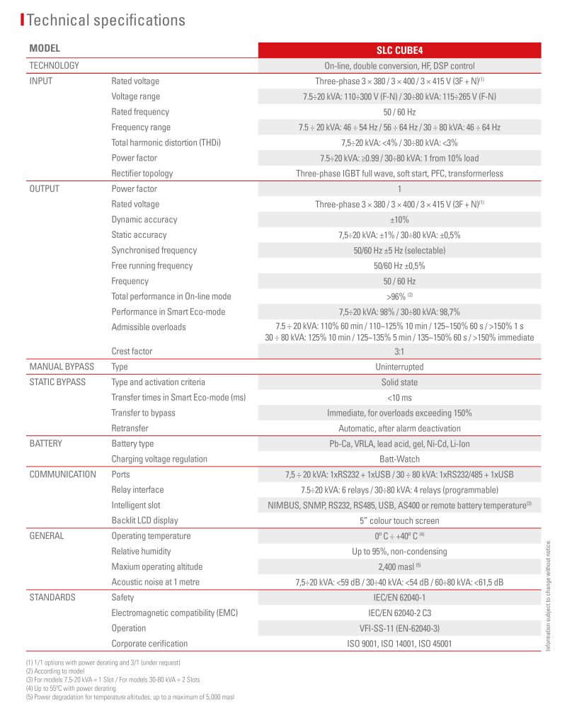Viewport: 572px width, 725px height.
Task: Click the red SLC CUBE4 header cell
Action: pyautogui.click(x=399, y=50)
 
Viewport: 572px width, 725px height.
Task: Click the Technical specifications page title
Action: pyautogui.click(x=106, y=21)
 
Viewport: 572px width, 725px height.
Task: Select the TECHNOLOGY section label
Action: pyautogui.click(x=54, y=66)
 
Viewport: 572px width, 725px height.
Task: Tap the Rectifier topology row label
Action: pyautogui.click(x=142, y=173)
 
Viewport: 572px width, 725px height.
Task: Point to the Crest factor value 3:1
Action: pyautogui.click(x=399, y=351)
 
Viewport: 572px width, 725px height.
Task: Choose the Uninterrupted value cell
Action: pyautogui.click(x=399, y=367)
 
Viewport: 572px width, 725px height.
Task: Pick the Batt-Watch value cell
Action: pyautogui.click(x=399, y=459)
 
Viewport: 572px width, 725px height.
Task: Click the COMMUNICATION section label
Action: pyautogui.click(x=62, y=474)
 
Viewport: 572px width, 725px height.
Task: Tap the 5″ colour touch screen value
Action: pyautogui.click(x=399, y=520)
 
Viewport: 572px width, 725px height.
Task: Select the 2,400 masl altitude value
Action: pyautogui.click(x=399, y=566)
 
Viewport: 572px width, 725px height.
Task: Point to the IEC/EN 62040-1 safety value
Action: pyautogui.click(x=399, y=598)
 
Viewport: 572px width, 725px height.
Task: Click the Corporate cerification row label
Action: pyautogui.click(x=149, y=644)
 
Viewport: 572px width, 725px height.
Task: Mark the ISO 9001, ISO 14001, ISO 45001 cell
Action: pyautogui.click(x=399, y=644)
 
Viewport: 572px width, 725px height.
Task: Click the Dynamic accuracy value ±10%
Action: pyautogui.click(x=399, y=219)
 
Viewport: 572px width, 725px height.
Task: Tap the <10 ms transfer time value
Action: pyautogui.click(x=399, y=398)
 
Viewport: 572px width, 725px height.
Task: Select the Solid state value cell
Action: pyautogui.click(x=399, y=382)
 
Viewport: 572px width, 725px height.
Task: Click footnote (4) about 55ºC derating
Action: pyautogui.click(x=71, y=688)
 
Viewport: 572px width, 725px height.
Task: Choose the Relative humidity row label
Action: pyautogui.click(x=141, y=552)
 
